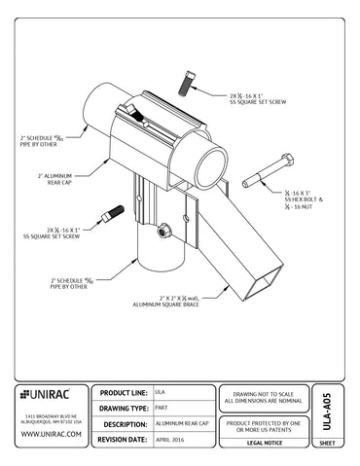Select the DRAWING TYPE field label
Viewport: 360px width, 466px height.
coord(124,408)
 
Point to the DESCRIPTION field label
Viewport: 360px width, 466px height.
coord(125,424)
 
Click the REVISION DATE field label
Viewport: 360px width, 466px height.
coord(124,440)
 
